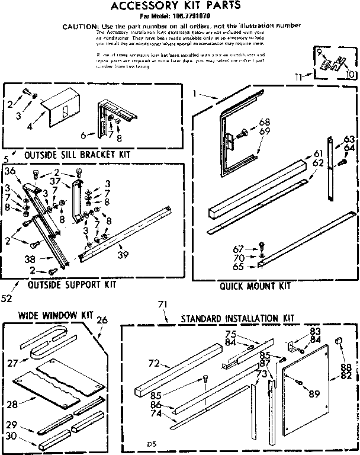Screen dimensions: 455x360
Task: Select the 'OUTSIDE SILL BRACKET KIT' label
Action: pyautogui.click(x=77, y=155)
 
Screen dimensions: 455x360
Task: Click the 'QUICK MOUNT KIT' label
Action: pyautogui.click(x=255, y=286)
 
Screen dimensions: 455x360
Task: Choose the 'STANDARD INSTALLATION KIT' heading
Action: pyautogui.click(x=238, y=318)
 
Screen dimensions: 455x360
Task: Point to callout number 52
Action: pyautogui.click(x=7, y=298)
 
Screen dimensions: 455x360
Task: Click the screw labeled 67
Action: pyautogui.click(x=262, y=248)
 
